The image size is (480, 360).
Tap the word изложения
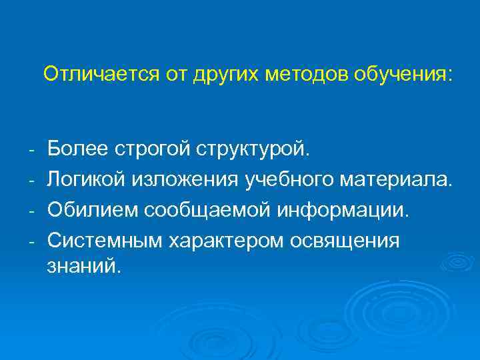tap(176, 179)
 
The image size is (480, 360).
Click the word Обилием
tap(87, 209)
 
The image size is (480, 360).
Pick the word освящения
tap(347, 240)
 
